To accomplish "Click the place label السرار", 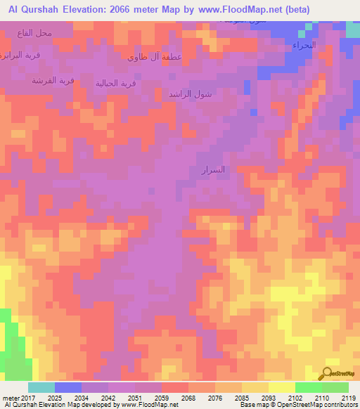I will [212, 169].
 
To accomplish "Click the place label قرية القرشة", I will [52, 80].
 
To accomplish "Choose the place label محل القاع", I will [37, 32].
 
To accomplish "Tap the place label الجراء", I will [304, 44].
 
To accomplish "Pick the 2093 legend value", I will [268, 398].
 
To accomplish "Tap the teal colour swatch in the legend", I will [41, 387].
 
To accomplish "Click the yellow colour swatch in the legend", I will [281, 387].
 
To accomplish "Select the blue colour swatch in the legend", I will [68, 387].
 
